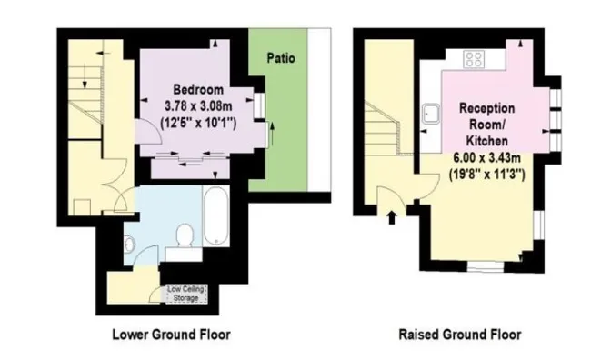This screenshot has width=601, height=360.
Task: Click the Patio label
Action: tap(281, 58)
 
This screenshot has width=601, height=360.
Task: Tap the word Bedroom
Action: tap(198, 90)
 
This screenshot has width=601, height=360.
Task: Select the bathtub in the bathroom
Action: tap(216, 215)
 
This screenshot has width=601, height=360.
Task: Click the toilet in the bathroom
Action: tap(185, 235)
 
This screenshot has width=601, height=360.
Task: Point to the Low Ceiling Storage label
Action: tap(185, 294)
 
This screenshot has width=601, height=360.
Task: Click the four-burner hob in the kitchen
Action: tap(474, 59)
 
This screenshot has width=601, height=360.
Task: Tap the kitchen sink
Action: tap(431, 114)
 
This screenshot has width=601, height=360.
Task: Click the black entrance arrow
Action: tap(391, 217)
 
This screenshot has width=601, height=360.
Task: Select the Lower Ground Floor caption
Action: tap(171, 335)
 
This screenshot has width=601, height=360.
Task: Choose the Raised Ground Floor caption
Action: tap(460, 335)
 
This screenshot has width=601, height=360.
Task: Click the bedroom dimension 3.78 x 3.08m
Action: tap(198, 105)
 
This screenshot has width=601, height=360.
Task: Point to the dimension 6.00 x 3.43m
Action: tap(486, 157)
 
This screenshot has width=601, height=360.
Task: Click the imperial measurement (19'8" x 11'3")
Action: tap(486, 175)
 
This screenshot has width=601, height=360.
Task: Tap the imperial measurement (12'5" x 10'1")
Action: tap(198, 123)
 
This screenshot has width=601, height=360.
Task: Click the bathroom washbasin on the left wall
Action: tap(129, 244)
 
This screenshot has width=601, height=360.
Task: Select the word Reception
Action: tap(486, 108)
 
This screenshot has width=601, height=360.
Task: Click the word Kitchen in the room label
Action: tap(486, 141)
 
